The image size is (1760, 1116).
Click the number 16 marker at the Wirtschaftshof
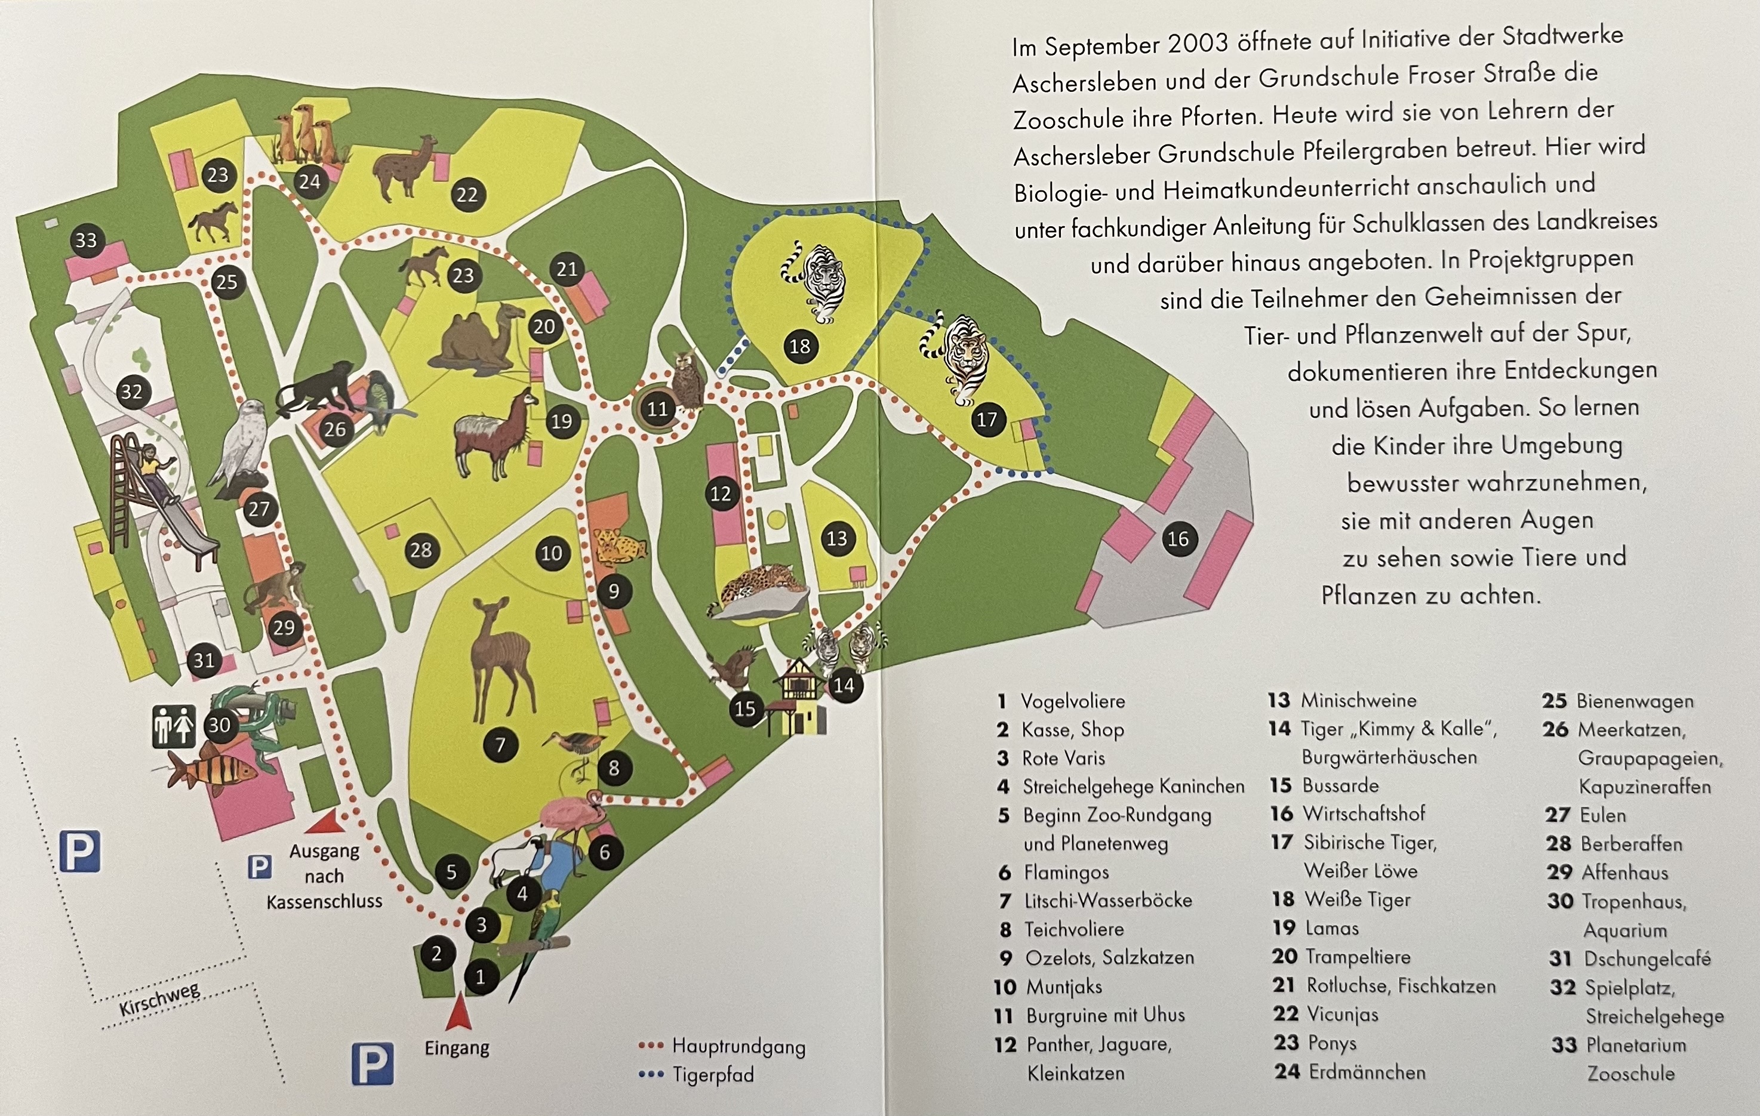[1177, 539]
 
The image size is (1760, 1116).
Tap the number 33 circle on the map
[86, 241]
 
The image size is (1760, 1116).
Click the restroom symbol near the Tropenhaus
[173, 726]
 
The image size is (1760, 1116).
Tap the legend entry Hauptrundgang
[738, 1047]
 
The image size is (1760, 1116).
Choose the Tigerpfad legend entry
[713, 1075]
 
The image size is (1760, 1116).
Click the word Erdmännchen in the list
[1367, 1072]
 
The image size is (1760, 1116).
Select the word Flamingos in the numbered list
[1066, 872]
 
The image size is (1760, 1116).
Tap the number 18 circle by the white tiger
[799, 346]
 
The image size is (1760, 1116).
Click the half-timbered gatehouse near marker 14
[798, 694]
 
